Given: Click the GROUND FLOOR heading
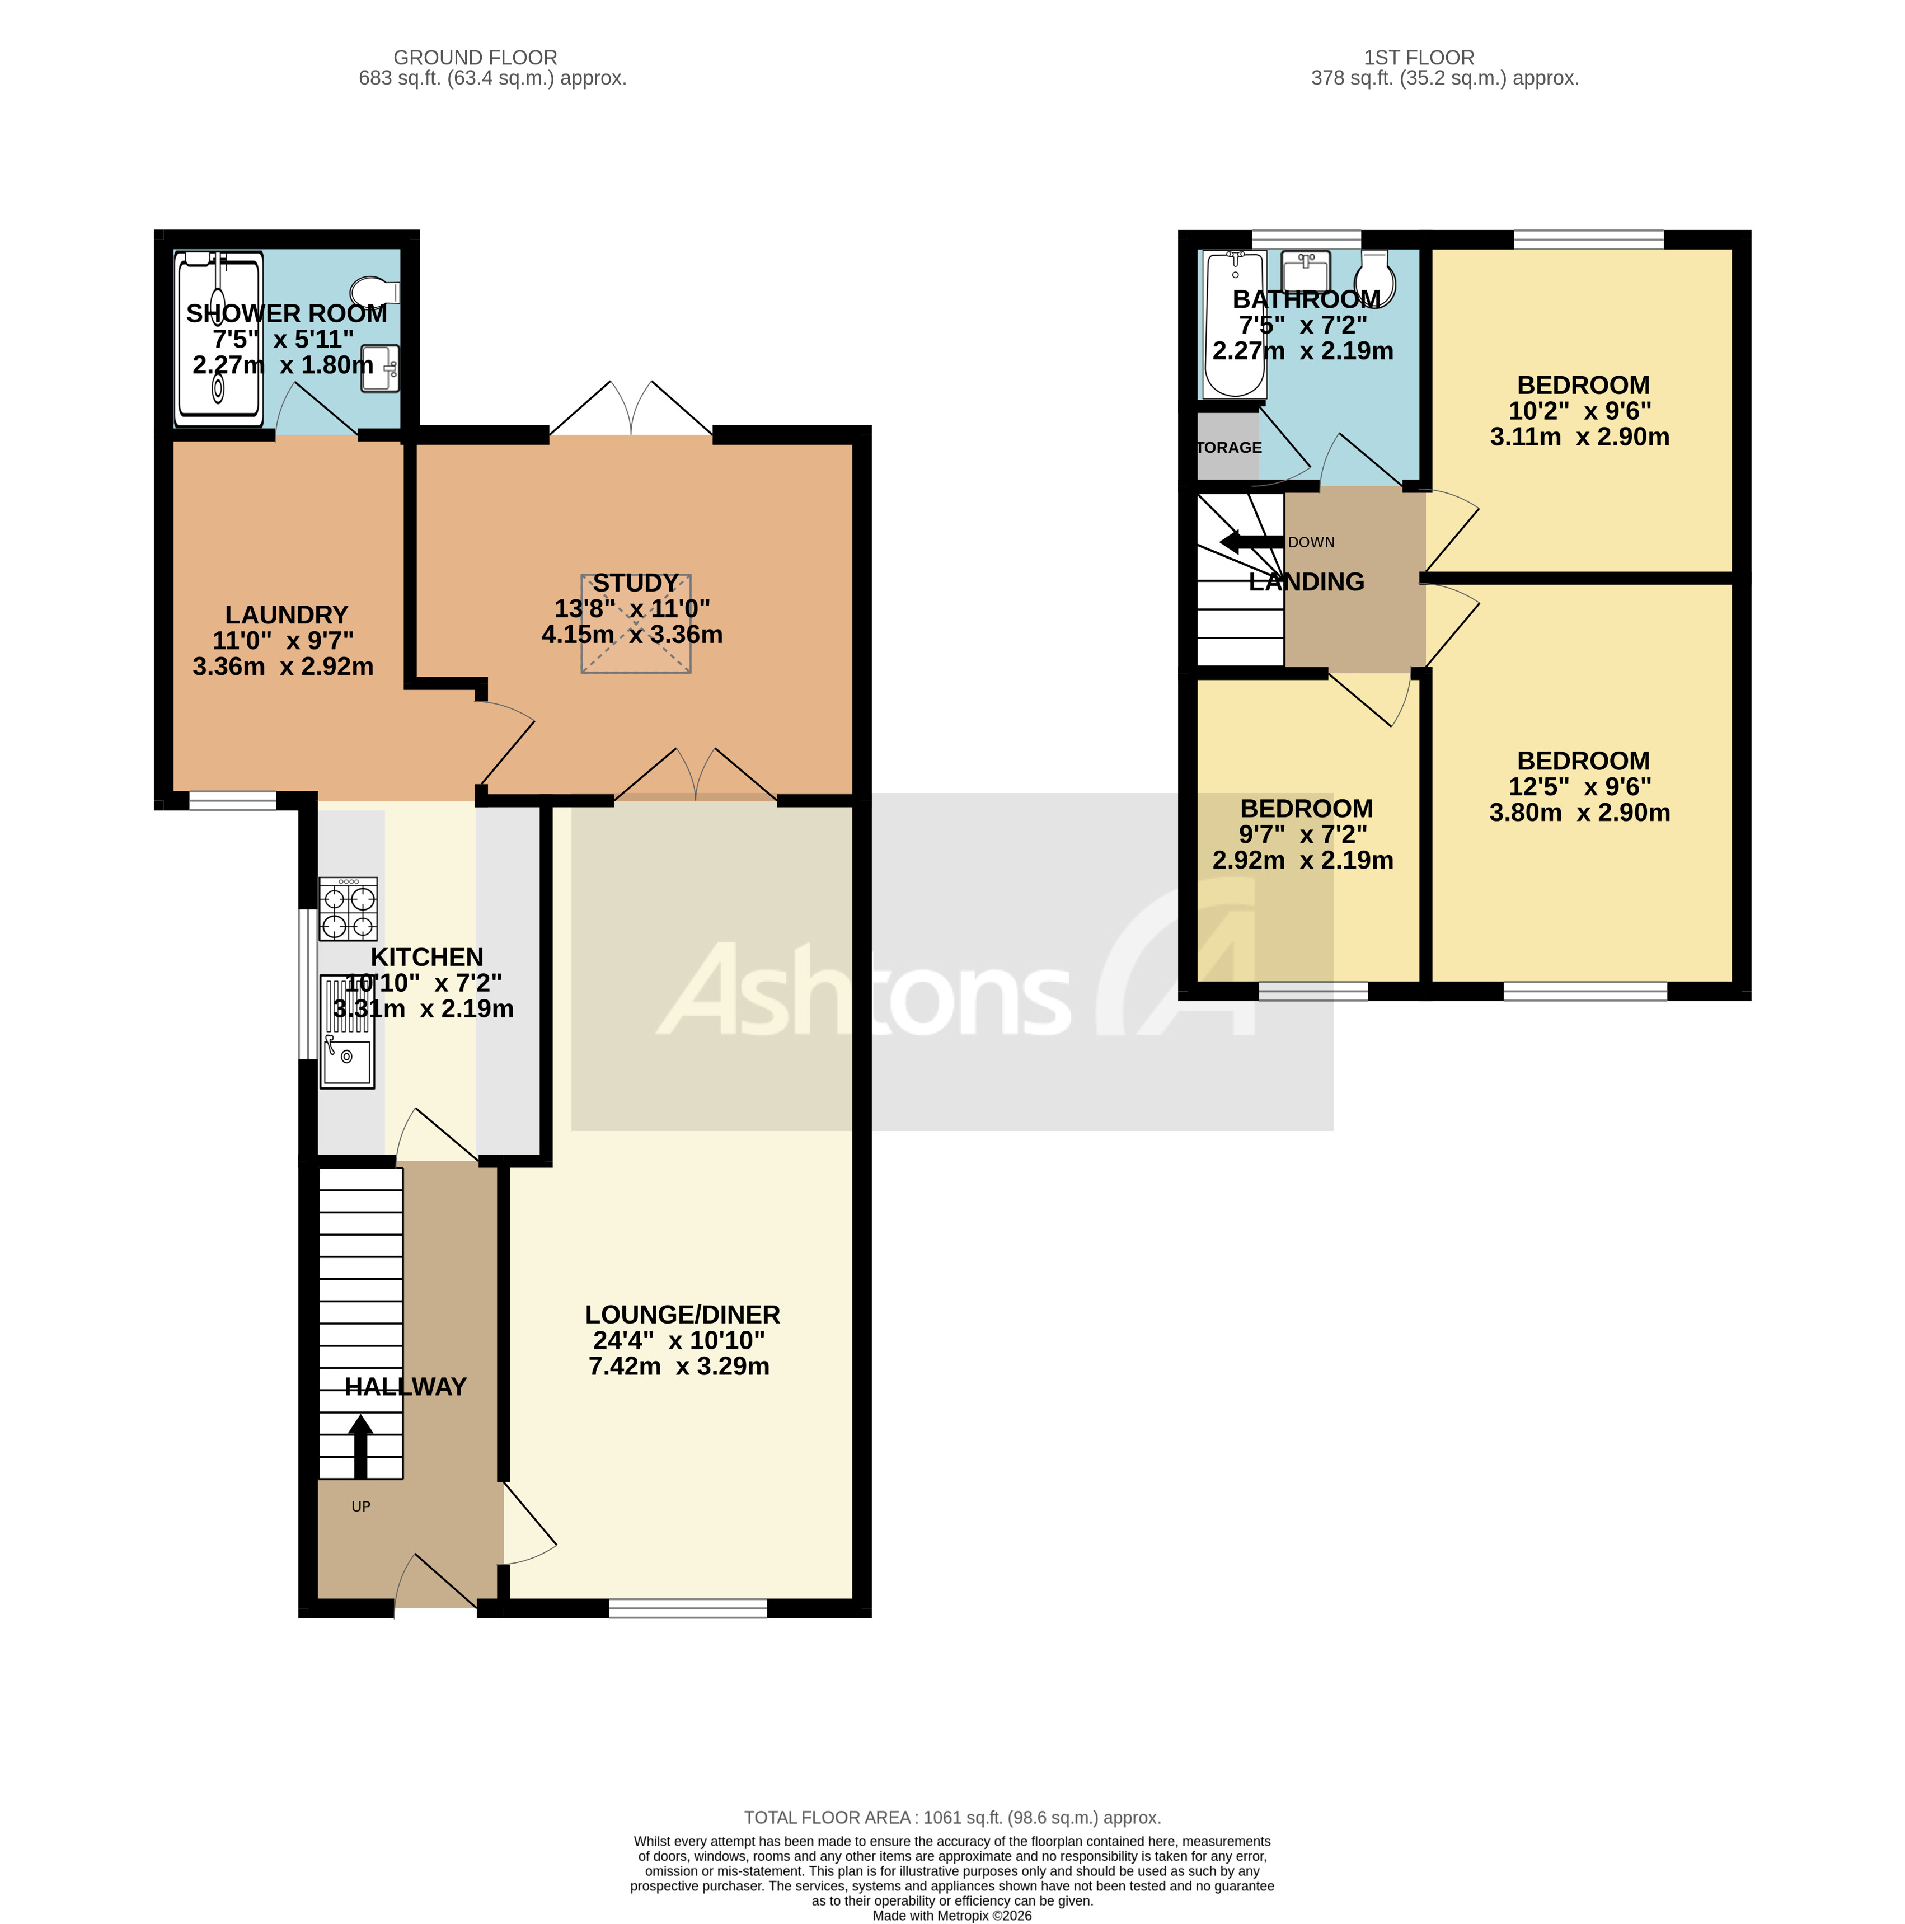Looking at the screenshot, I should [x=475, y=58].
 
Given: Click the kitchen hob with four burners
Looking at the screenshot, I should [x=348, y=908].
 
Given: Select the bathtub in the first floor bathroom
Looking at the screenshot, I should [x=1234, y=323].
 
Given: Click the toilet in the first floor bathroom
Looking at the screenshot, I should [x=1374, y=279].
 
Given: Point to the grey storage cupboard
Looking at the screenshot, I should [x=1227, y=446].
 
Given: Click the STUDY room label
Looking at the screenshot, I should [x=635, y=583].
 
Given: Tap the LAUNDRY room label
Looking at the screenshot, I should [x=286, y=614].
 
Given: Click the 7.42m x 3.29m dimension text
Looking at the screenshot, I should [x=679, y=1366].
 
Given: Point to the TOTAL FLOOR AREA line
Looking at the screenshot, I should [x=952, y=1818].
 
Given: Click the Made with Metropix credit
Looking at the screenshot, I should [x=952, y=1915].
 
